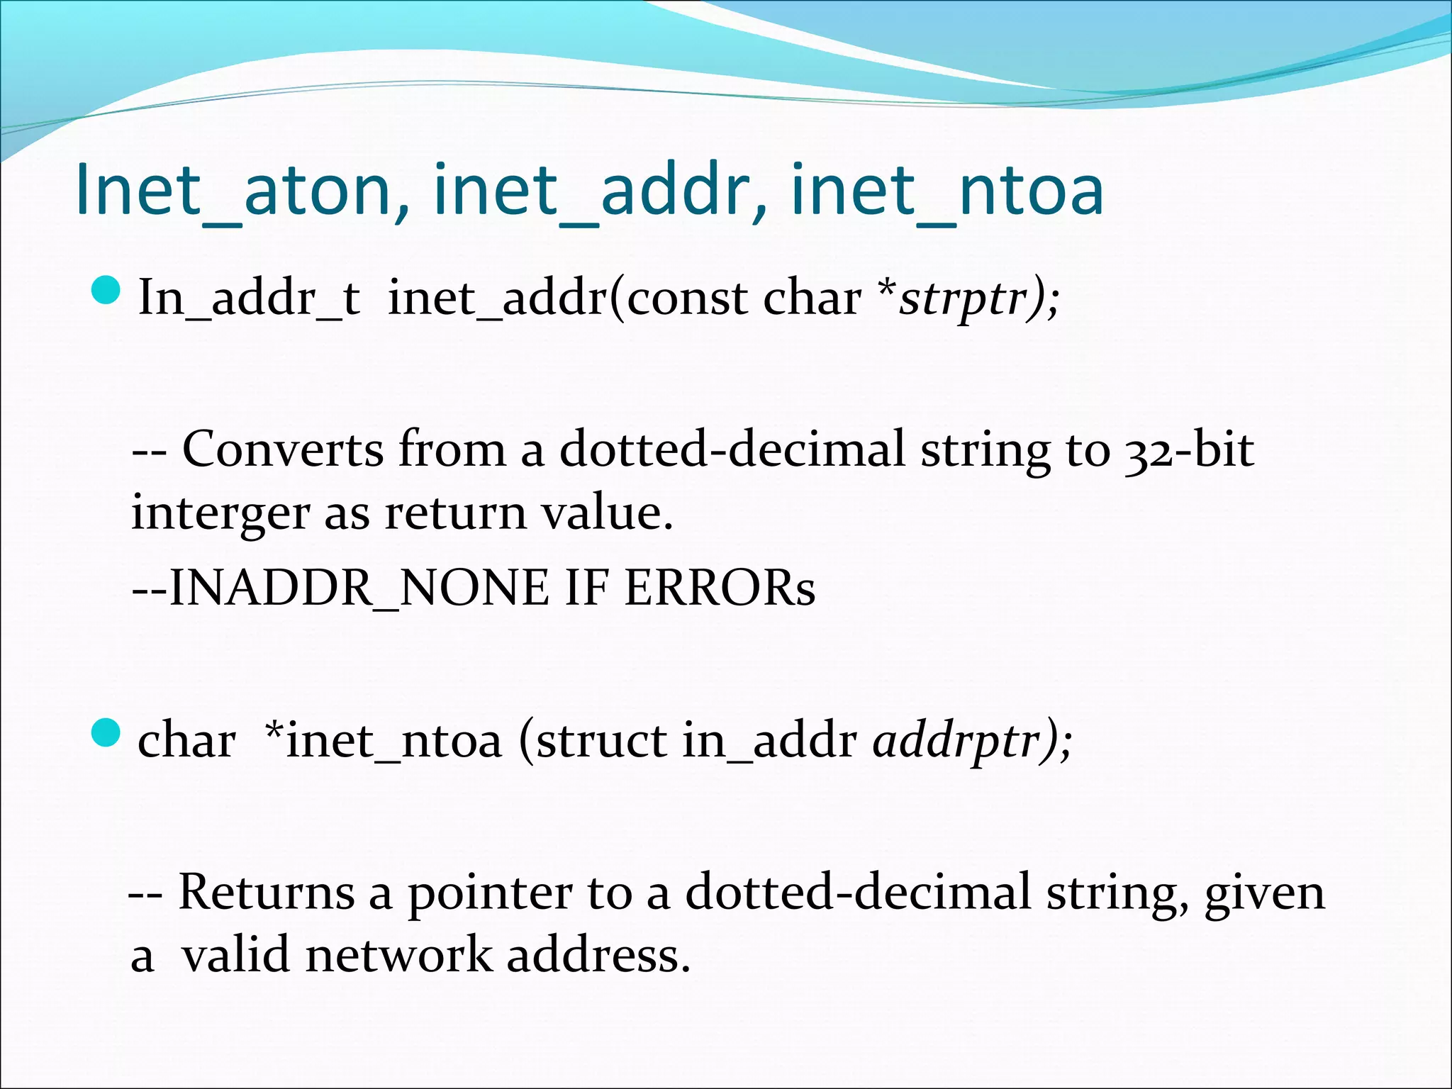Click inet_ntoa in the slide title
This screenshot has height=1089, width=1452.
click(946, 190)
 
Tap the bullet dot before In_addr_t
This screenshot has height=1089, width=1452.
click(107, 291)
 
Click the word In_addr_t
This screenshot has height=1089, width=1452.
click(249, 298)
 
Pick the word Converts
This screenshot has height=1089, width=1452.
click(283, 449)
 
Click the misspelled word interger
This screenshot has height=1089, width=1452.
click(220, 513)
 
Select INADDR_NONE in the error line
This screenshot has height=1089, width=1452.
click(359, 588)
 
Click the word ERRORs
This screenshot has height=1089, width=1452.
click(719, 588)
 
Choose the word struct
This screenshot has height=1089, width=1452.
click(601, 741)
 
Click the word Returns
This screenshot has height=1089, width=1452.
click(266, 892)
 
